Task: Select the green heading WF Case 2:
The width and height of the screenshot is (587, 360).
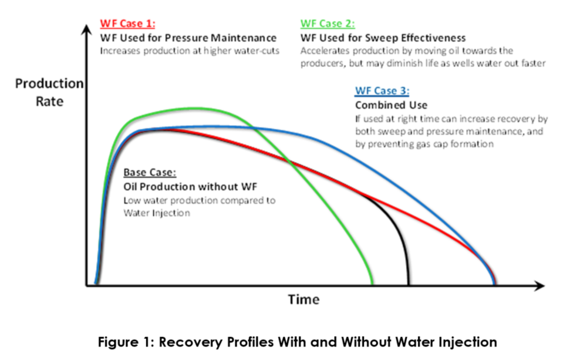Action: click(326, 24)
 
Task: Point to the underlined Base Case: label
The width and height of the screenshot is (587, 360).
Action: click(150, 174)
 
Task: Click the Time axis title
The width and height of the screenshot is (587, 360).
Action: click(303, 300)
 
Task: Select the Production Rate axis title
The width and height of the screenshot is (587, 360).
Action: click(49, 92)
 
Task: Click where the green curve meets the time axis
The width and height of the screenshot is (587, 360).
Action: click(372, 285)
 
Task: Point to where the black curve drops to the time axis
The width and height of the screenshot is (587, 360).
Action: click(407, 284)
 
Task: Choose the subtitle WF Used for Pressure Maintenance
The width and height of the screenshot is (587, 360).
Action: click(188, 39)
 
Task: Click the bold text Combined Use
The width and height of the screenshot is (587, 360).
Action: click(390, 105)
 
